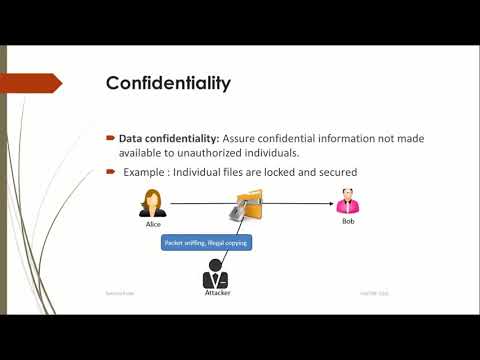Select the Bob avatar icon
[348, 205]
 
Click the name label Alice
[154, 225]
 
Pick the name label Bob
[348, 222]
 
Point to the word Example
[144, 172]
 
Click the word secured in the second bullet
[335, 172]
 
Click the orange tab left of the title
[50, 82]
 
